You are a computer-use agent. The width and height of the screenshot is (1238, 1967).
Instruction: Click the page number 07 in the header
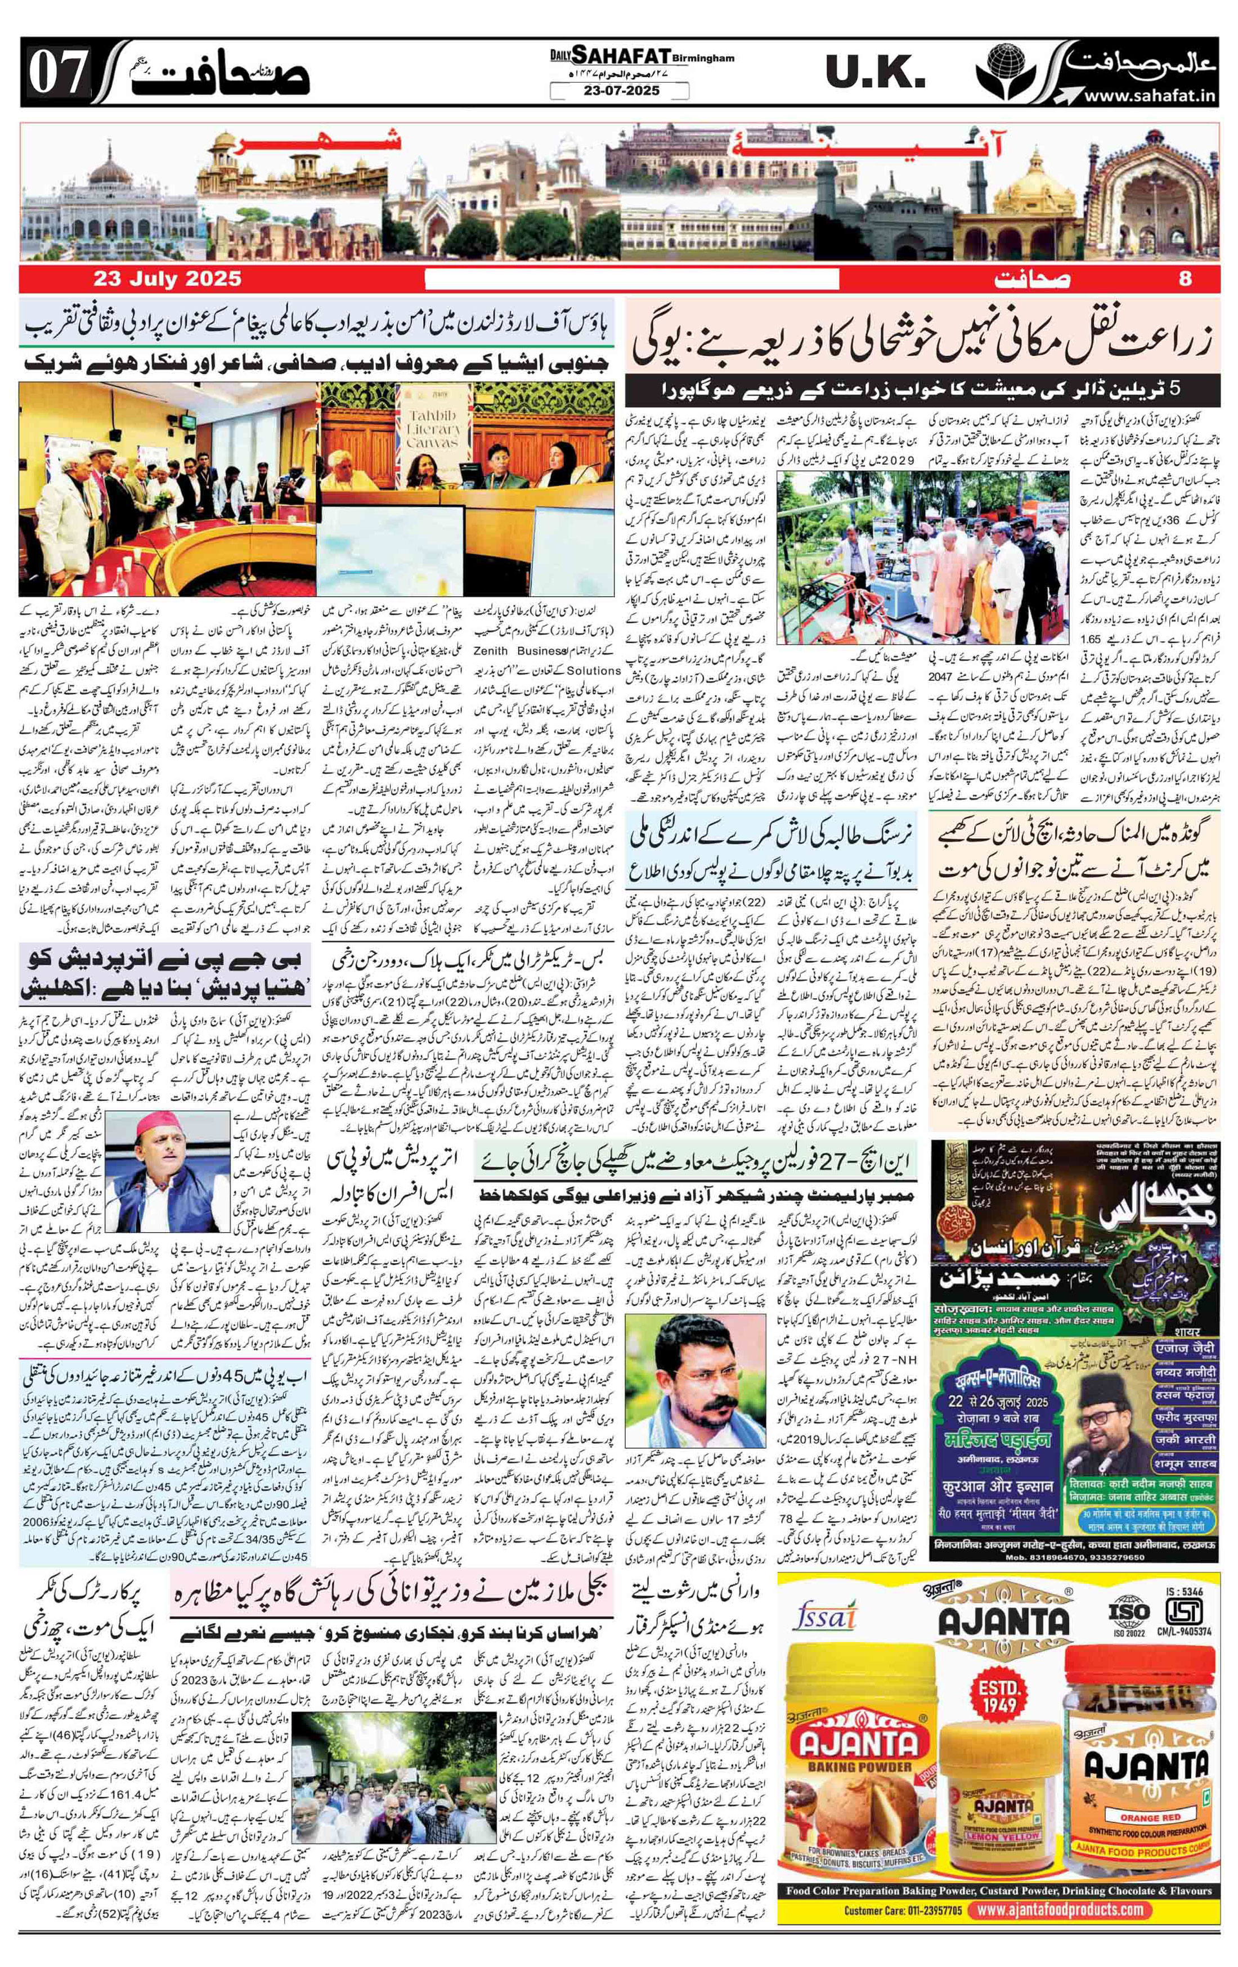[57, 74]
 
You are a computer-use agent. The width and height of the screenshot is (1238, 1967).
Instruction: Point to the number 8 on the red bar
[1185, 279]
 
